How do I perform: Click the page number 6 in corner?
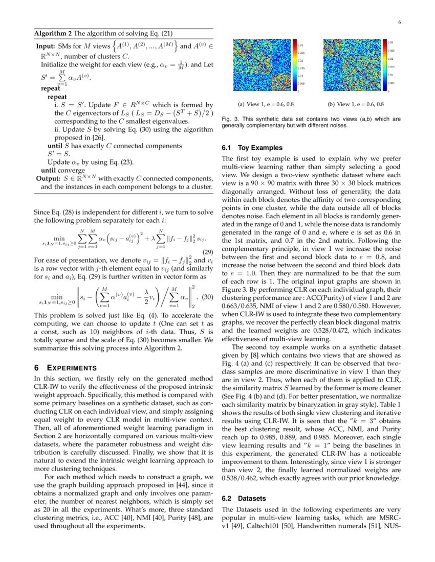pyautogui.click(x=399, y=22)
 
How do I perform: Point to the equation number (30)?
pyautogui.click(x=207, y=297)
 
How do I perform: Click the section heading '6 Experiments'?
pyautogui.click(x=64, y=367)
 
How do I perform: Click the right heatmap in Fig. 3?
pyautogui.click(x=352, y=65)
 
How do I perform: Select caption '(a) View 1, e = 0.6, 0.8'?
pyautogui.click(x=266, y=104)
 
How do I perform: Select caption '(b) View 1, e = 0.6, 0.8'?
pyautogui.click(x=356, y=104)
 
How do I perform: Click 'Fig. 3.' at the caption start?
pyautogui.click(x=230, y=119)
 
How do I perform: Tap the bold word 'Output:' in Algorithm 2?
pyautogui.click(x=48, y=179)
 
